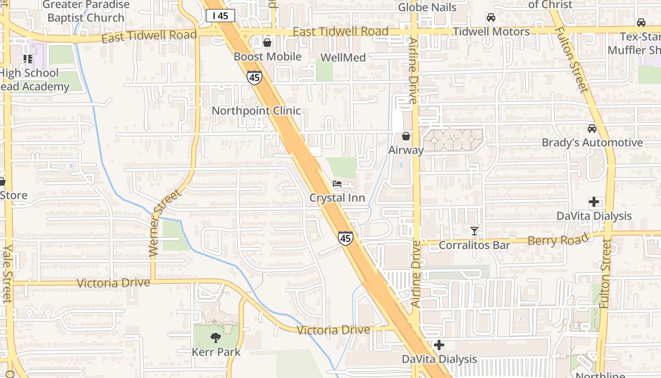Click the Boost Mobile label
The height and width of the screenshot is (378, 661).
click(x=267, y=57)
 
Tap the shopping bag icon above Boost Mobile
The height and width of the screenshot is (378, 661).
click(x=267, y=43)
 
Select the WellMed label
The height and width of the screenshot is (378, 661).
click(x=343, y=58)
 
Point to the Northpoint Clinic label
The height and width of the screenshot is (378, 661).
click(x=256, y=111)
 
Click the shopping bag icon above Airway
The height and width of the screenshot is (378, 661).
click(x=406, y=136)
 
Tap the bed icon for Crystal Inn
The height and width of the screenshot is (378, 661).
click(x=337, y=184)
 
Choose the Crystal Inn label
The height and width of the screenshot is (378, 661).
click(x=337, y=198)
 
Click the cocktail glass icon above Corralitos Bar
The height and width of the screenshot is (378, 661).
click(x=475, y=231)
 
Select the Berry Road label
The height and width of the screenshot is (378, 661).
click(x=559, y=240)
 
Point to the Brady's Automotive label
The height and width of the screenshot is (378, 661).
click(x=592, y=142)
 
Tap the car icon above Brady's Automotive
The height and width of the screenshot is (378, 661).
click(x=592, y=129)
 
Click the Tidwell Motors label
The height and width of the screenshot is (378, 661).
click(x=491, y=32)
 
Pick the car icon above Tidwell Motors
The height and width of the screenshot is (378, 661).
click(x=491, y=18)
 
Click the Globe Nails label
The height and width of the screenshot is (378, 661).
click(x=427, y=7)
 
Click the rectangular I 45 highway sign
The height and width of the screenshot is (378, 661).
click(x=220, y=16)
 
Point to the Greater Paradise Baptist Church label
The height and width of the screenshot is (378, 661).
click(x=86, y=11)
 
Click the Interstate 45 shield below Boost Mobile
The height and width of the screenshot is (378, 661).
click(x=254, y=77)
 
